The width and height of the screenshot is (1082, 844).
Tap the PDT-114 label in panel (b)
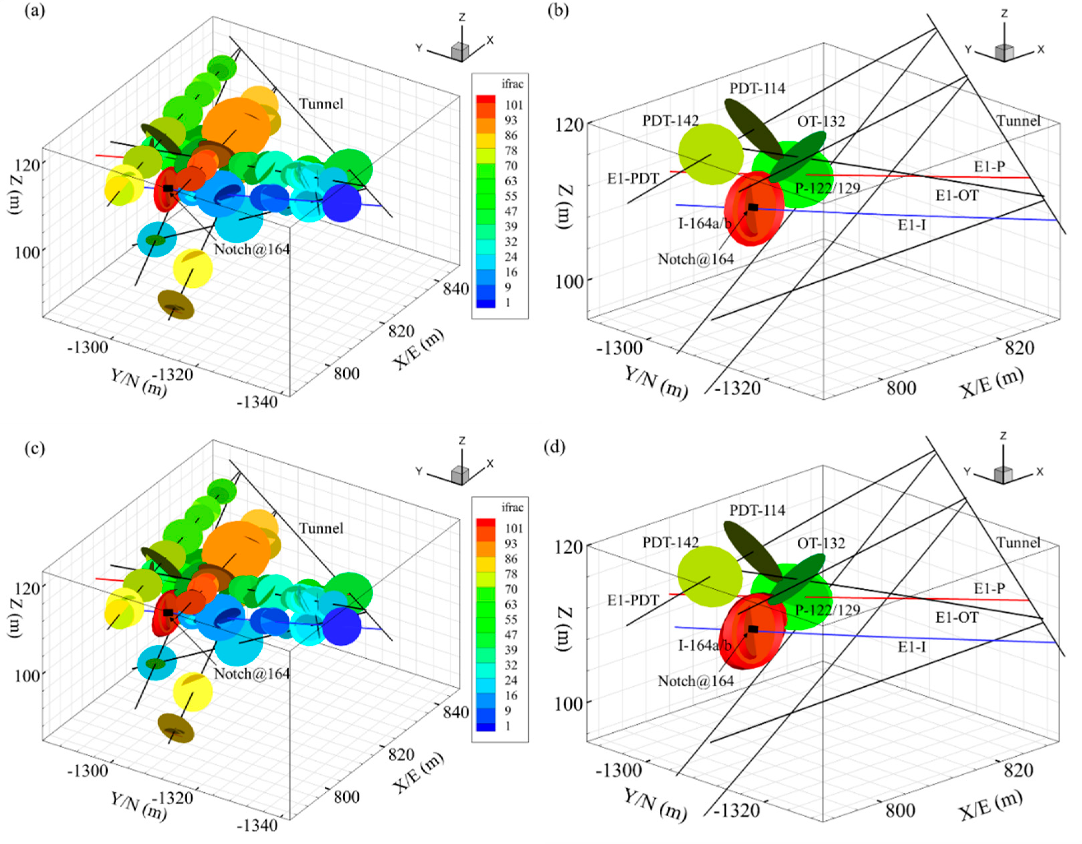[x=757, y=89]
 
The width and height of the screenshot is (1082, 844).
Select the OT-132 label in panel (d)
[x=821, y=543]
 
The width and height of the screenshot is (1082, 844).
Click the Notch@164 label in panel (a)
[x=252, y=249]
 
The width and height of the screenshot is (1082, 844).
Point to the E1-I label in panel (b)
[x=912, y=226]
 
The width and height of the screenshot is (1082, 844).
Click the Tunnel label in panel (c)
[x=321, y=528]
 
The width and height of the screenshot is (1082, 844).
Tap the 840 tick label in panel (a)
[x=456, y=288]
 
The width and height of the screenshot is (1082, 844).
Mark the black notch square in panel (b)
[x=753, y=207]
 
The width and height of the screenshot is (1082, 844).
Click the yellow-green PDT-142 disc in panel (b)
[x=710, y=154]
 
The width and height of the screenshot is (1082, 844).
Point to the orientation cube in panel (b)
[x=1004, y=52]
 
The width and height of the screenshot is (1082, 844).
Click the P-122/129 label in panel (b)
[x=827, y=188]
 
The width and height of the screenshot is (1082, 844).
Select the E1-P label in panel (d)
[x=989, y=588]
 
